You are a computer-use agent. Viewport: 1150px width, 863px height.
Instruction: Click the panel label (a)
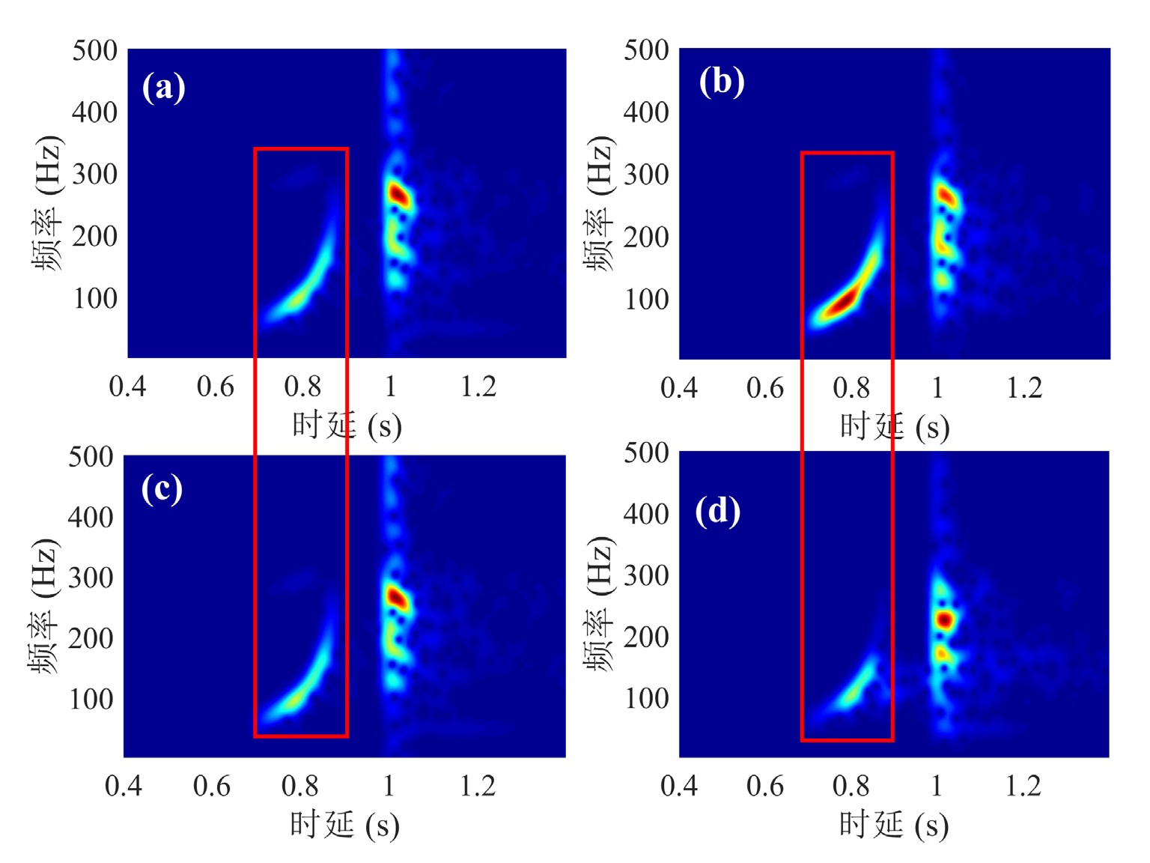163,88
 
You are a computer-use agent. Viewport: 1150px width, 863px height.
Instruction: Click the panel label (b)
721,82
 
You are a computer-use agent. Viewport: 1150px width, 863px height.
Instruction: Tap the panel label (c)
162,489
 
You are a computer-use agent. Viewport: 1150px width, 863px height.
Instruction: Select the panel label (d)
717,511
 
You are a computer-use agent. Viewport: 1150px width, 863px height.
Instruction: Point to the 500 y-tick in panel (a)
95,51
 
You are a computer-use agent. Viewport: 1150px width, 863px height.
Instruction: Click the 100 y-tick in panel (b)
646,300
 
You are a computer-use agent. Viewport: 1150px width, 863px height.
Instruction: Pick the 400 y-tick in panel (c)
91,517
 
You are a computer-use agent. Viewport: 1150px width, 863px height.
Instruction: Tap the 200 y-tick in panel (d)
646,637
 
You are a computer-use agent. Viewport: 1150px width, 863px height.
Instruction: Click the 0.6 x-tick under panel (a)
216,387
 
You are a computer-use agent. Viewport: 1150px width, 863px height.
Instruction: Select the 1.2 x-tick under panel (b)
1024,388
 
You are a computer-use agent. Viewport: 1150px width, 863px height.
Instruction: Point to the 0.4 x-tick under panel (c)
124,786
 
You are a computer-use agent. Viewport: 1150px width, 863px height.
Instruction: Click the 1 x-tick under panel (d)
937,786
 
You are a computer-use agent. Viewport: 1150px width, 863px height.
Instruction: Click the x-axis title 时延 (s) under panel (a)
347,426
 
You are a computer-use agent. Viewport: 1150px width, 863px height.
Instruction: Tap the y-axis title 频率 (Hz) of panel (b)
598,204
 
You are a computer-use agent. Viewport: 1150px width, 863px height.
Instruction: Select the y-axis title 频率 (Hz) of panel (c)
43,606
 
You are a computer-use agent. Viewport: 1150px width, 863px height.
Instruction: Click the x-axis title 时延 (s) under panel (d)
894,825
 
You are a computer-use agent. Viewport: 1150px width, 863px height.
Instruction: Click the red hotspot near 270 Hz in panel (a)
398,196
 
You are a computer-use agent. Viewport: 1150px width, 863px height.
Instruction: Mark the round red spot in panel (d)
944,620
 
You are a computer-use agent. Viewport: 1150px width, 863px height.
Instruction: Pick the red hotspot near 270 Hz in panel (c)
396,598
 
